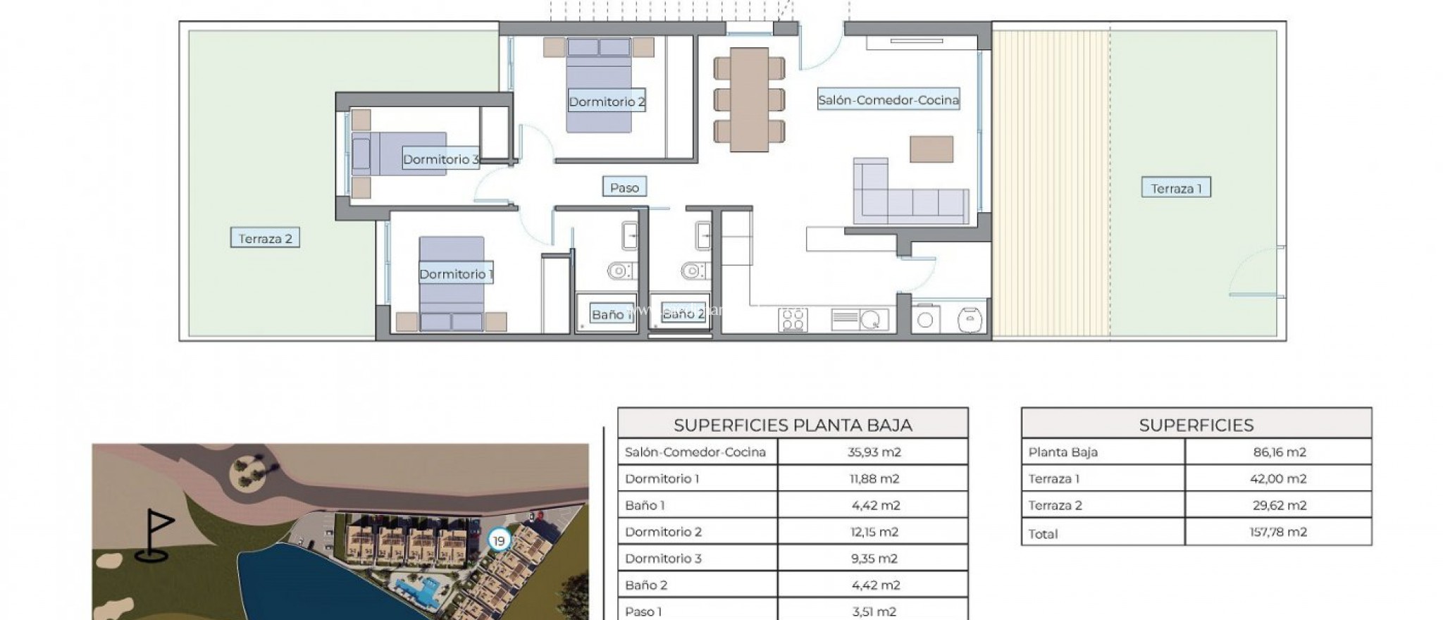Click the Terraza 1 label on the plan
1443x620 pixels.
1175,188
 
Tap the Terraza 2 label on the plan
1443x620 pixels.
265,238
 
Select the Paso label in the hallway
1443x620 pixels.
624,187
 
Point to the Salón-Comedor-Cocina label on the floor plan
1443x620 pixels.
888,100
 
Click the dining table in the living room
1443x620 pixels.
749,99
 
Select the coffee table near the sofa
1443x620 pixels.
931,149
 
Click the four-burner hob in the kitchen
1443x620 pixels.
793,320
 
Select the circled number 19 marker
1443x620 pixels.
499,541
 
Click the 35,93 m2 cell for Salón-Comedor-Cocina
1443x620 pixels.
874,452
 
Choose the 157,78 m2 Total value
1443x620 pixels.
1277,532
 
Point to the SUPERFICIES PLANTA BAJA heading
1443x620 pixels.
793,425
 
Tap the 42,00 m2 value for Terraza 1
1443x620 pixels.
1277,479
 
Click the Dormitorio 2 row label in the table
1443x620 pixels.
663,532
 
